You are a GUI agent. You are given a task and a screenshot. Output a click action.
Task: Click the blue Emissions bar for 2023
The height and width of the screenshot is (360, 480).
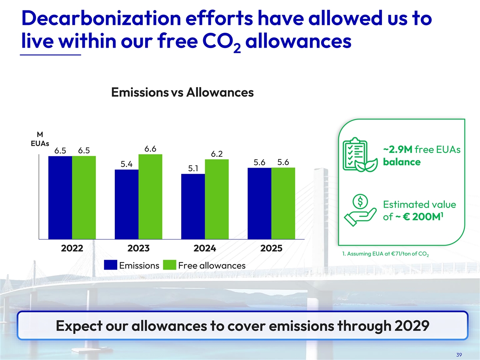tap(126, 204)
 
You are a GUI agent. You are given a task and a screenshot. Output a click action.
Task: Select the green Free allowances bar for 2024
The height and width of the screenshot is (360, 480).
tap(217, 199)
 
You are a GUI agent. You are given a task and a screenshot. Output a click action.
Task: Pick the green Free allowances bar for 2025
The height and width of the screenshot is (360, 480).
tap(283, 203)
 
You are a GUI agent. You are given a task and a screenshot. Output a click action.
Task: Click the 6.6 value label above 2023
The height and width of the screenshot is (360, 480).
tap(150, 149)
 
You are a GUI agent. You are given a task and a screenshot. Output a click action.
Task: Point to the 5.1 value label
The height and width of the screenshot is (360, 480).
tap(193, 168)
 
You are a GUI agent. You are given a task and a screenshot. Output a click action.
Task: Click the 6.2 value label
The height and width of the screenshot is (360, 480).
tap(217, 154)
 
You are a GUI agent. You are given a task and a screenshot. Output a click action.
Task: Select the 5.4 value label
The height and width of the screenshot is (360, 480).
tap(127, 164)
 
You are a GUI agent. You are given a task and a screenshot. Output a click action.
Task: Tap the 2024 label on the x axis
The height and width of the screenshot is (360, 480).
tap(205, 248)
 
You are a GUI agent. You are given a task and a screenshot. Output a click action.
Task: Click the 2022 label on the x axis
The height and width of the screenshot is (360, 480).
tap(72, 248)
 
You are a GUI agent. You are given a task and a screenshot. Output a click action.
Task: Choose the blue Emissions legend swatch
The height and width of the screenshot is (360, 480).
tap(111, 265)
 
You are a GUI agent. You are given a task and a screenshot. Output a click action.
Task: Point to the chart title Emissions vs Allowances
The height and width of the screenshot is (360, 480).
tap(182, 92)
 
